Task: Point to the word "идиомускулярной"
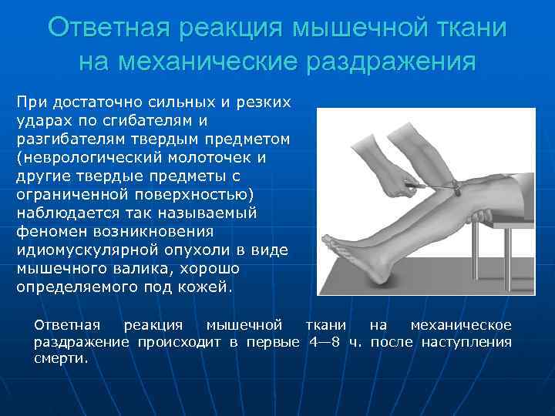pyautogui.click(x=86, y=250)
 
